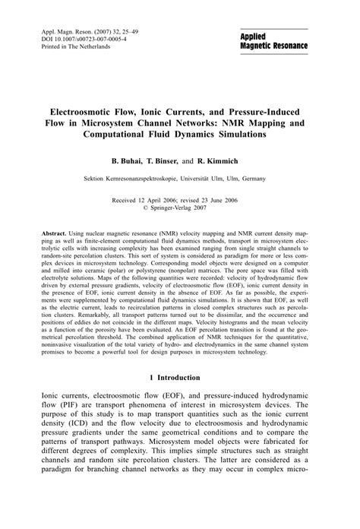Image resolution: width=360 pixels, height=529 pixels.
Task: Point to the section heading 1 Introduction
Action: (x=180, y=378)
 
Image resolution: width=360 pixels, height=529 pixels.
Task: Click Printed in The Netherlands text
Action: (x=72, y=46)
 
